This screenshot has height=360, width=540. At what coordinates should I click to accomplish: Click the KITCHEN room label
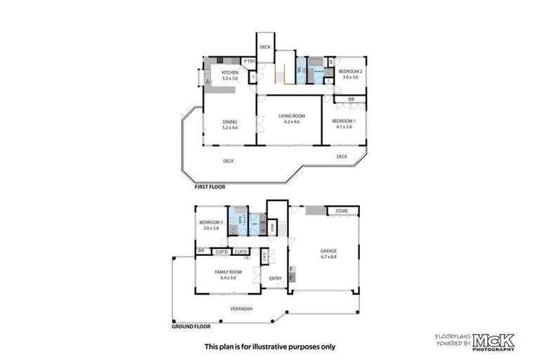[230, 73]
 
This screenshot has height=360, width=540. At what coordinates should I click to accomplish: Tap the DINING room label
[230, 122]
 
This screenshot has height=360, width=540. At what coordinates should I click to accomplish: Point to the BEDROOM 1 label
[345, 121]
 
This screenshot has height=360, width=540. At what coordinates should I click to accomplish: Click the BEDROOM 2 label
[349, 72]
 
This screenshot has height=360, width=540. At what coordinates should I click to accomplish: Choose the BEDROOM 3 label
[211, 222]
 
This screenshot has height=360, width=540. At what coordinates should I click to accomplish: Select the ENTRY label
[276, 278]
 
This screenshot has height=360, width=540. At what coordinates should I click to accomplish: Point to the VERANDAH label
[240, 309]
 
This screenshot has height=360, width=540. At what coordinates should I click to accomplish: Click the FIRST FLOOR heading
[211, 188]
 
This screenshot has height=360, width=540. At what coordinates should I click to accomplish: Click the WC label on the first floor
[299, 70]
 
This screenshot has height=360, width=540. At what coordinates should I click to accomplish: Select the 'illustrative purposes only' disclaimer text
[269, 346]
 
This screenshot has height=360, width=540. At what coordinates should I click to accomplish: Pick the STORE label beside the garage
[342, 210]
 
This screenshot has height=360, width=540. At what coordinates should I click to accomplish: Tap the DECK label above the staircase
[265, 47]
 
